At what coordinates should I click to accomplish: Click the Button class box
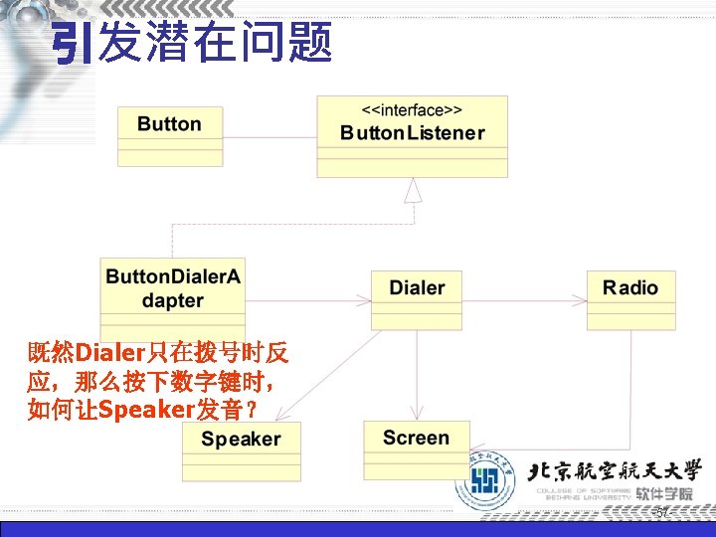pos(170,135)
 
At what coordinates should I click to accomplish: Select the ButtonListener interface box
pos(412,136)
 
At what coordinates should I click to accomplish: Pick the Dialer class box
pos(417,299)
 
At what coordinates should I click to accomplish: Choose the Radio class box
pos(630,299)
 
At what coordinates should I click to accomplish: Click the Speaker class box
pos(242,451)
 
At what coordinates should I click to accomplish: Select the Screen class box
pos(416,449)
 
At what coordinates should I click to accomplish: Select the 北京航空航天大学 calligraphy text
pos(615,470)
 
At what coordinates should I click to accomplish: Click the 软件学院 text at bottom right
pos(664,494)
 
